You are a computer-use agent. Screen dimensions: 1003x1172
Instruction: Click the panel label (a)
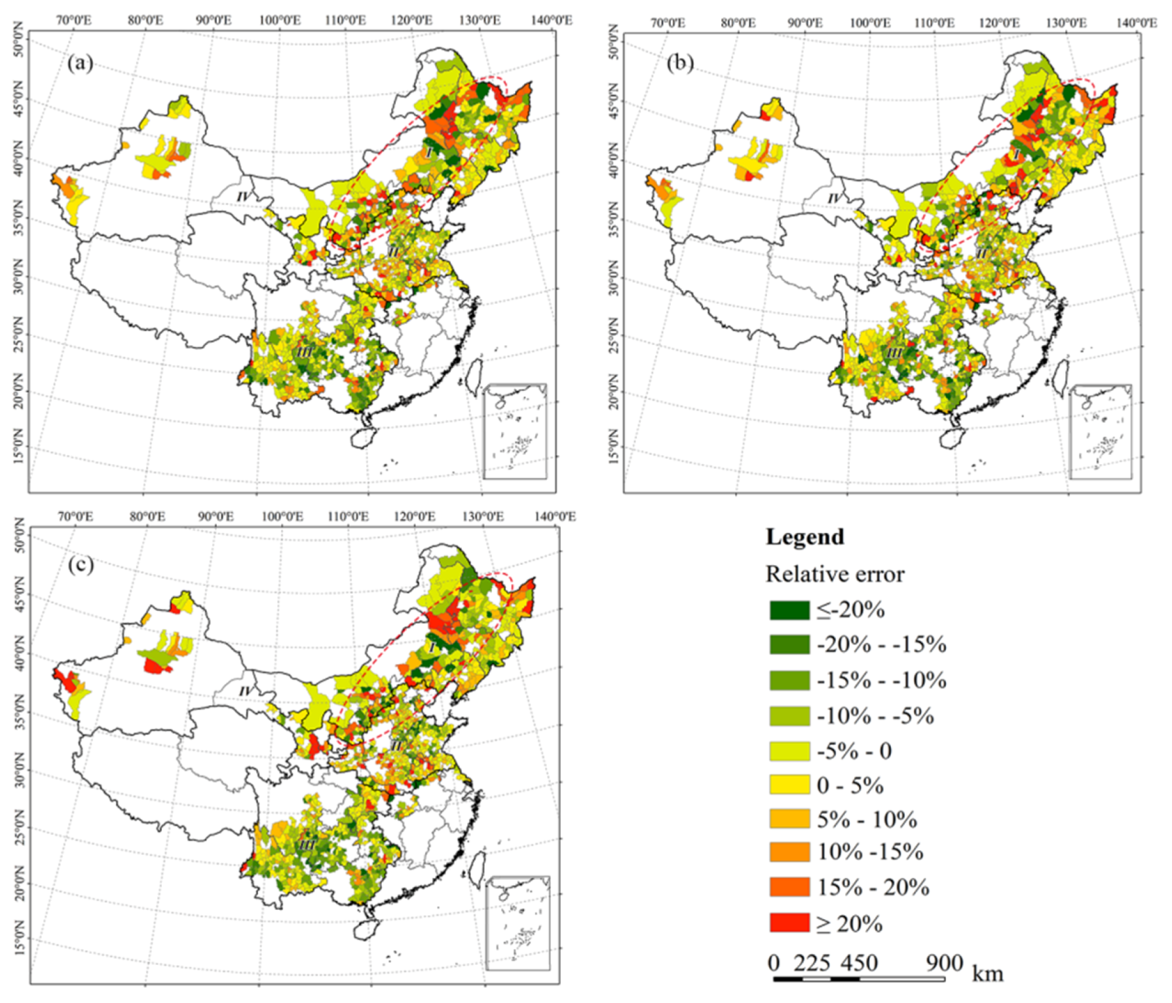pyautogui.click(x=81, y=63)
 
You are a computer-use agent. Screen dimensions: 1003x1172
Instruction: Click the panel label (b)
pyautogui.click(x=680, y=63)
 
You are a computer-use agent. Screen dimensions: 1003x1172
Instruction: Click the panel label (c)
pyautogui.click(x=81, y=564)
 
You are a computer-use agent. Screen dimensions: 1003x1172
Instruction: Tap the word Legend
pyautogui.click(x=805, y=537)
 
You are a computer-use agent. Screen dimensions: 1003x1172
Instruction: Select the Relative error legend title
pyautogui.click(x=835, y=574)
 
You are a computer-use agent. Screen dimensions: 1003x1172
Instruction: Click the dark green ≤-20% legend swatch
pyautogui.click(x=789, y=610)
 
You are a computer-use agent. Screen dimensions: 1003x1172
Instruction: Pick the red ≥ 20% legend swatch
pyautogui.click(x=789, y=923)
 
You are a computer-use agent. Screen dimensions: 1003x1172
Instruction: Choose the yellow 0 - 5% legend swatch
pyautogui.click(x=789, y=784)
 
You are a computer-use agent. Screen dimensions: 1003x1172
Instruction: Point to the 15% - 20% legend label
pyautogui.click(x=873, y=888)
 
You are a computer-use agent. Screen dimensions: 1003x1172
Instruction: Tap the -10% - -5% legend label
pyautogui.click(x=875, y=716)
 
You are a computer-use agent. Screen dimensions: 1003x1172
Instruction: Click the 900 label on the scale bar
pyautogui.click(x=944, y=962)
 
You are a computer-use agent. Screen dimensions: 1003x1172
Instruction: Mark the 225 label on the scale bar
pyautogui.click(x=812, y=962)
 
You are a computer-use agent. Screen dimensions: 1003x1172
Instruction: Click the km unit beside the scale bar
pyautogui.click(x=987, y=974)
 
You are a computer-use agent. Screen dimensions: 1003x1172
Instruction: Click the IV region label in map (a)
pyautogui.click(x=242, y=196)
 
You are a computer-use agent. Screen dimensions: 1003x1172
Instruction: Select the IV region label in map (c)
pyautogui.click(x=245, y=691)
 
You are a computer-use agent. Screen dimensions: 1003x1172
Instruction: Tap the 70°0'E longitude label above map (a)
pyautogui.click(x=74, y=20)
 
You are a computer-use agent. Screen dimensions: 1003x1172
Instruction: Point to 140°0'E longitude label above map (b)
pyautogui.click(x=1137, y=23)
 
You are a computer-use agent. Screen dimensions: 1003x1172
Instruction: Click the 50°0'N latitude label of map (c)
pyautogui.click(x=19, y=536)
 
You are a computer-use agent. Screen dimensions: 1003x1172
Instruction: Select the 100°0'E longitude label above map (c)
pyautogui.click(x=282, y=517)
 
